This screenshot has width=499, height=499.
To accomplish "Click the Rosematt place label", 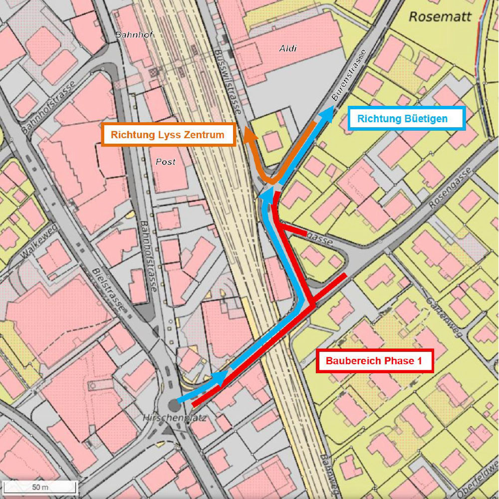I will point(440,17).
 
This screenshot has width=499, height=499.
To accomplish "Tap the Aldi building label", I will point(288,48).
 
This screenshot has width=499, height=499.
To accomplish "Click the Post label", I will point(166,162).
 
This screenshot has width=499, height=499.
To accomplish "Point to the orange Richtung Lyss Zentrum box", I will point(168,135).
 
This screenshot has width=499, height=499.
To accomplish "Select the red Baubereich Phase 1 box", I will point(375,361).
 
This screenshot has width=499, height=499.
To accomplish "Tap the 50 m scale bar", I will point(38,487).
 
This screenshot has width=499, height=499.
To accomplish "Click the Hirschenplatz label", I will point(174,417).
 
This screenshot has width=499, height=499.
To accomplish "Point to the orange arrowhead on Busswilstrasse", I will point(248,134).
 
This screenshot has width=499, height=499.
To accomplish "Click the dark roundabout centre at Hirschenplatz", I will point(174,404).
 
